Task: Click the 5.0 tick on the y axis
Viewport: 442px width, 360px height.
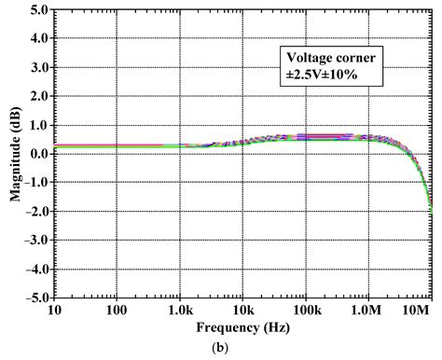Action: [x=38, y=10]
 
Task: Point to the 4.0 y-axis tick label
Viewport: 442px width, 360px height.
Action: [x=38, y=39]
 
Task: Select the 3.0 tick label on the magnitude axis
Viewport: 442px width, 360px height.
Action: [x=38, y=68]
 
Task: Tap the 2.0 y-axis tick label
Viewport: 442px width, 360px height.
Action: [x=38, y=96]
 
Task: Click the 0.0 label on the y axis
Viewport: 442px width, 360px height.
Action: [x=38, y=154]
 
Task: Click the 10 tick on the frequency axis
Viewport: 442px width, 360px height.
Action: [x=54, y=311]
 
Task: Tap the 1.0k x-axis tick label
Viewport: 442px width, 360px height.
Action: [x=179, y=311]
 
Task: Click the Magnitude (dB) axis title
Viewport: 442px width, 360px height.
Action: [x=12, y=154]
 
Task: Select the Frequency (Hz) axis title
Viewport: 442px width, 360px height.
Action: [x=242, y=328]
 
